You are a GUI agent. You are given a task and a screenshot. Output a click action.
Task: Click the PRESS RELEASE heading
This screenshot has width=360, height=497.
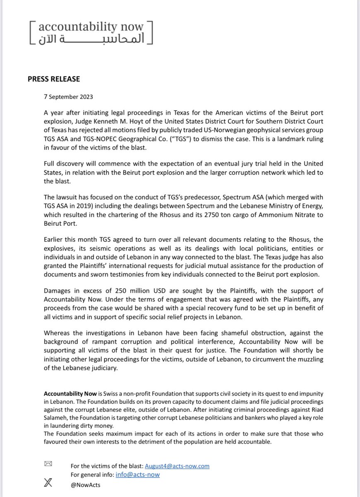coord(53,79)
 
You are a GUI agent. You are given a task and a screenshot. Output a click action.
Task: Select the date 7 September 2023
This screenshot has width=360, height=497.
coord(68,97)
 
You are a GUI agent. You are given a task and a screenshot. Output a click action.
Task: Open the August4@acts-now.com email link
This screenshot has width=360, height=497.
coord(177,466)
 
